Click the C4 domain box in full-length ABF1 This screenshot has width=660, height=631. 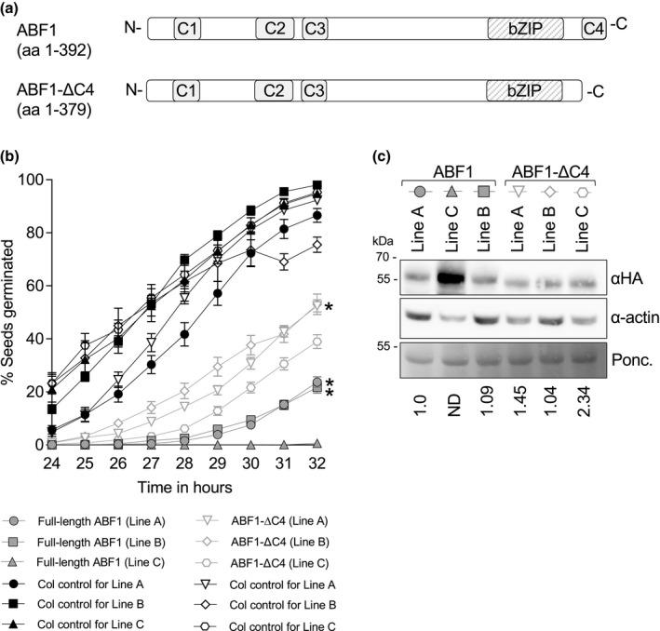pos(593,30)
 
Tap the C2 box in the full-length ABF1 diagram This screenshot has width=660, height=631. pos(274,30)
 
